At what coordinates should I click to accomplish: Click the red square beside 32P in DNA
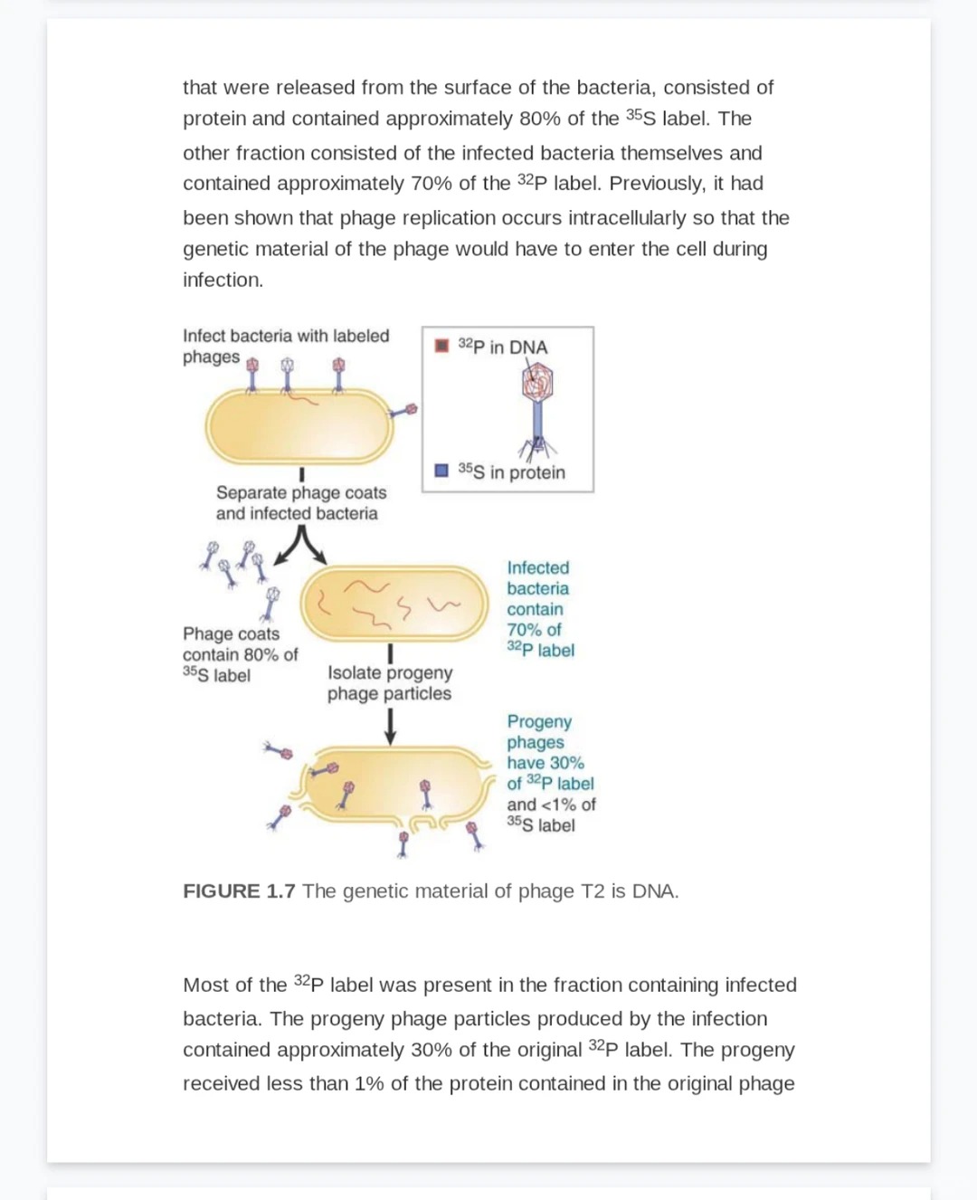[x=441, y=346]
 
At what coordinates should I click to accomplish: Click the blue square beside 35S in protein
[x=441, y=471]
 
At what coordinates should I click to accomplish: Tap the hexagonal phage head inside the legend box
[x=537, y=382]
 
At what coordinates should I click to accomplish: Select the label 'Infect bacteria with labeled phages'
[x=285, y=346]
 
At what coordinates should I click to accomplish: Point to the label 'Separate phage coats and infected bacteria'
[x=300, y=503]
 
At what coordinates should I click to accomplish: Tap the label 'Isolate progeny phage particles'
[x=389, y=683]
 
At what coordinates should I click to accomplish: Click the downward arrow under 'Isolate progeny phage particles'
[x=390, y=727]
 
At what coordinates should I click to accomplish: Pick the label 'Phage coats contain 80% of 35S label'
[x=239, y=654]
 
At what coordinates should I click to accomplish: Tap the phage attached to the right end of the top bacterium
[x=404, y=412]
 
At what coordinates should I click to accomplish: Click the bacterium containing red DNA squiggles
[x=394, y=604]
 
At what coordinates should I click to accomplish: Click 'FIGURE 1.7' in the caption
[x=239, y=891]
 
